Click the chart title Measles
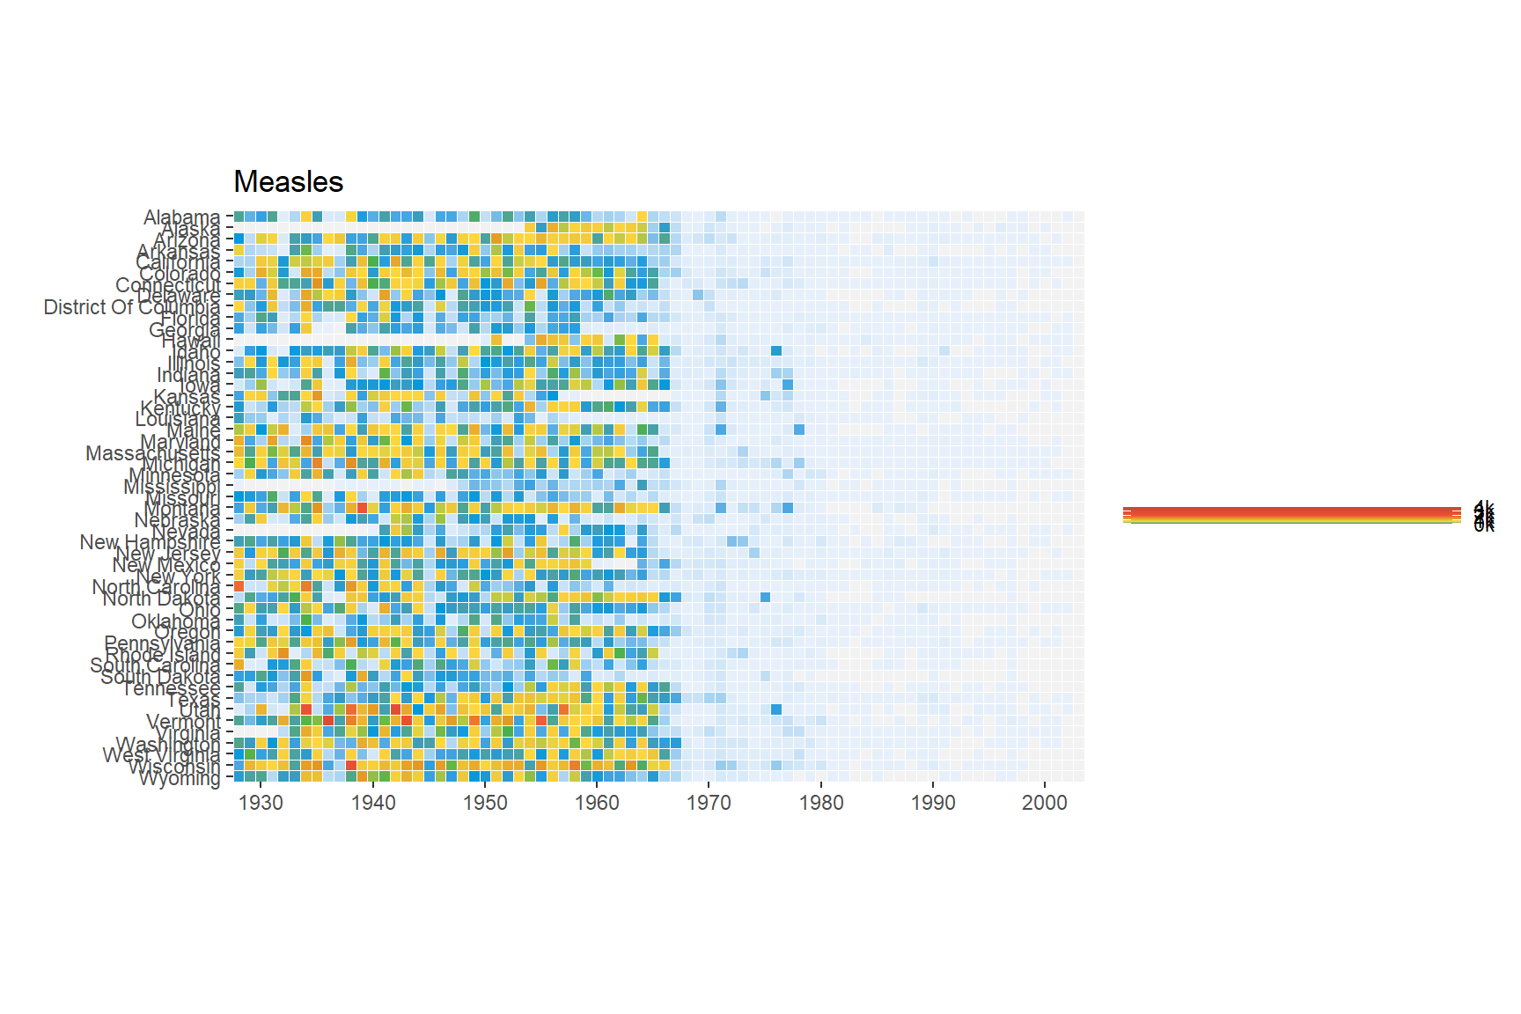point(289,182)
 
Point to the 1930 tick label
point(261,803)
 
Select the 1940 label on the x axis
point(373,803)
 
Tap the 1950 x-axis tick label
point(485,803)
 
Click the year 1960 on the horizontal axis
point(597,803)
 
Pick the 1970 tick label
point(709,803)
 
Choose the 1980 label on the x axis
point(821,803)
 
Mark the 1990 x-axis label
point(933,803)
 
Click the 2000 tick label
point(1045,803)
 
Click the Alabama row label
point(181,217)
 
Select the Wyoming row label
point(180,779)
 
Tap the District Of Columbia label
point(132,307)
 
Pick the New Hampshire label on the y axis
point(150,542)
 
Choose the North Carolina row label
point(156,587)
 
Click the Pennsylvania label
point(162,643)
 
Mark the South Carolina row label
point(155,665)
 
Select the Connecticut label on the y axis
point(168,285)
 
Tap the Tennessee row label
point(171,688)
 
